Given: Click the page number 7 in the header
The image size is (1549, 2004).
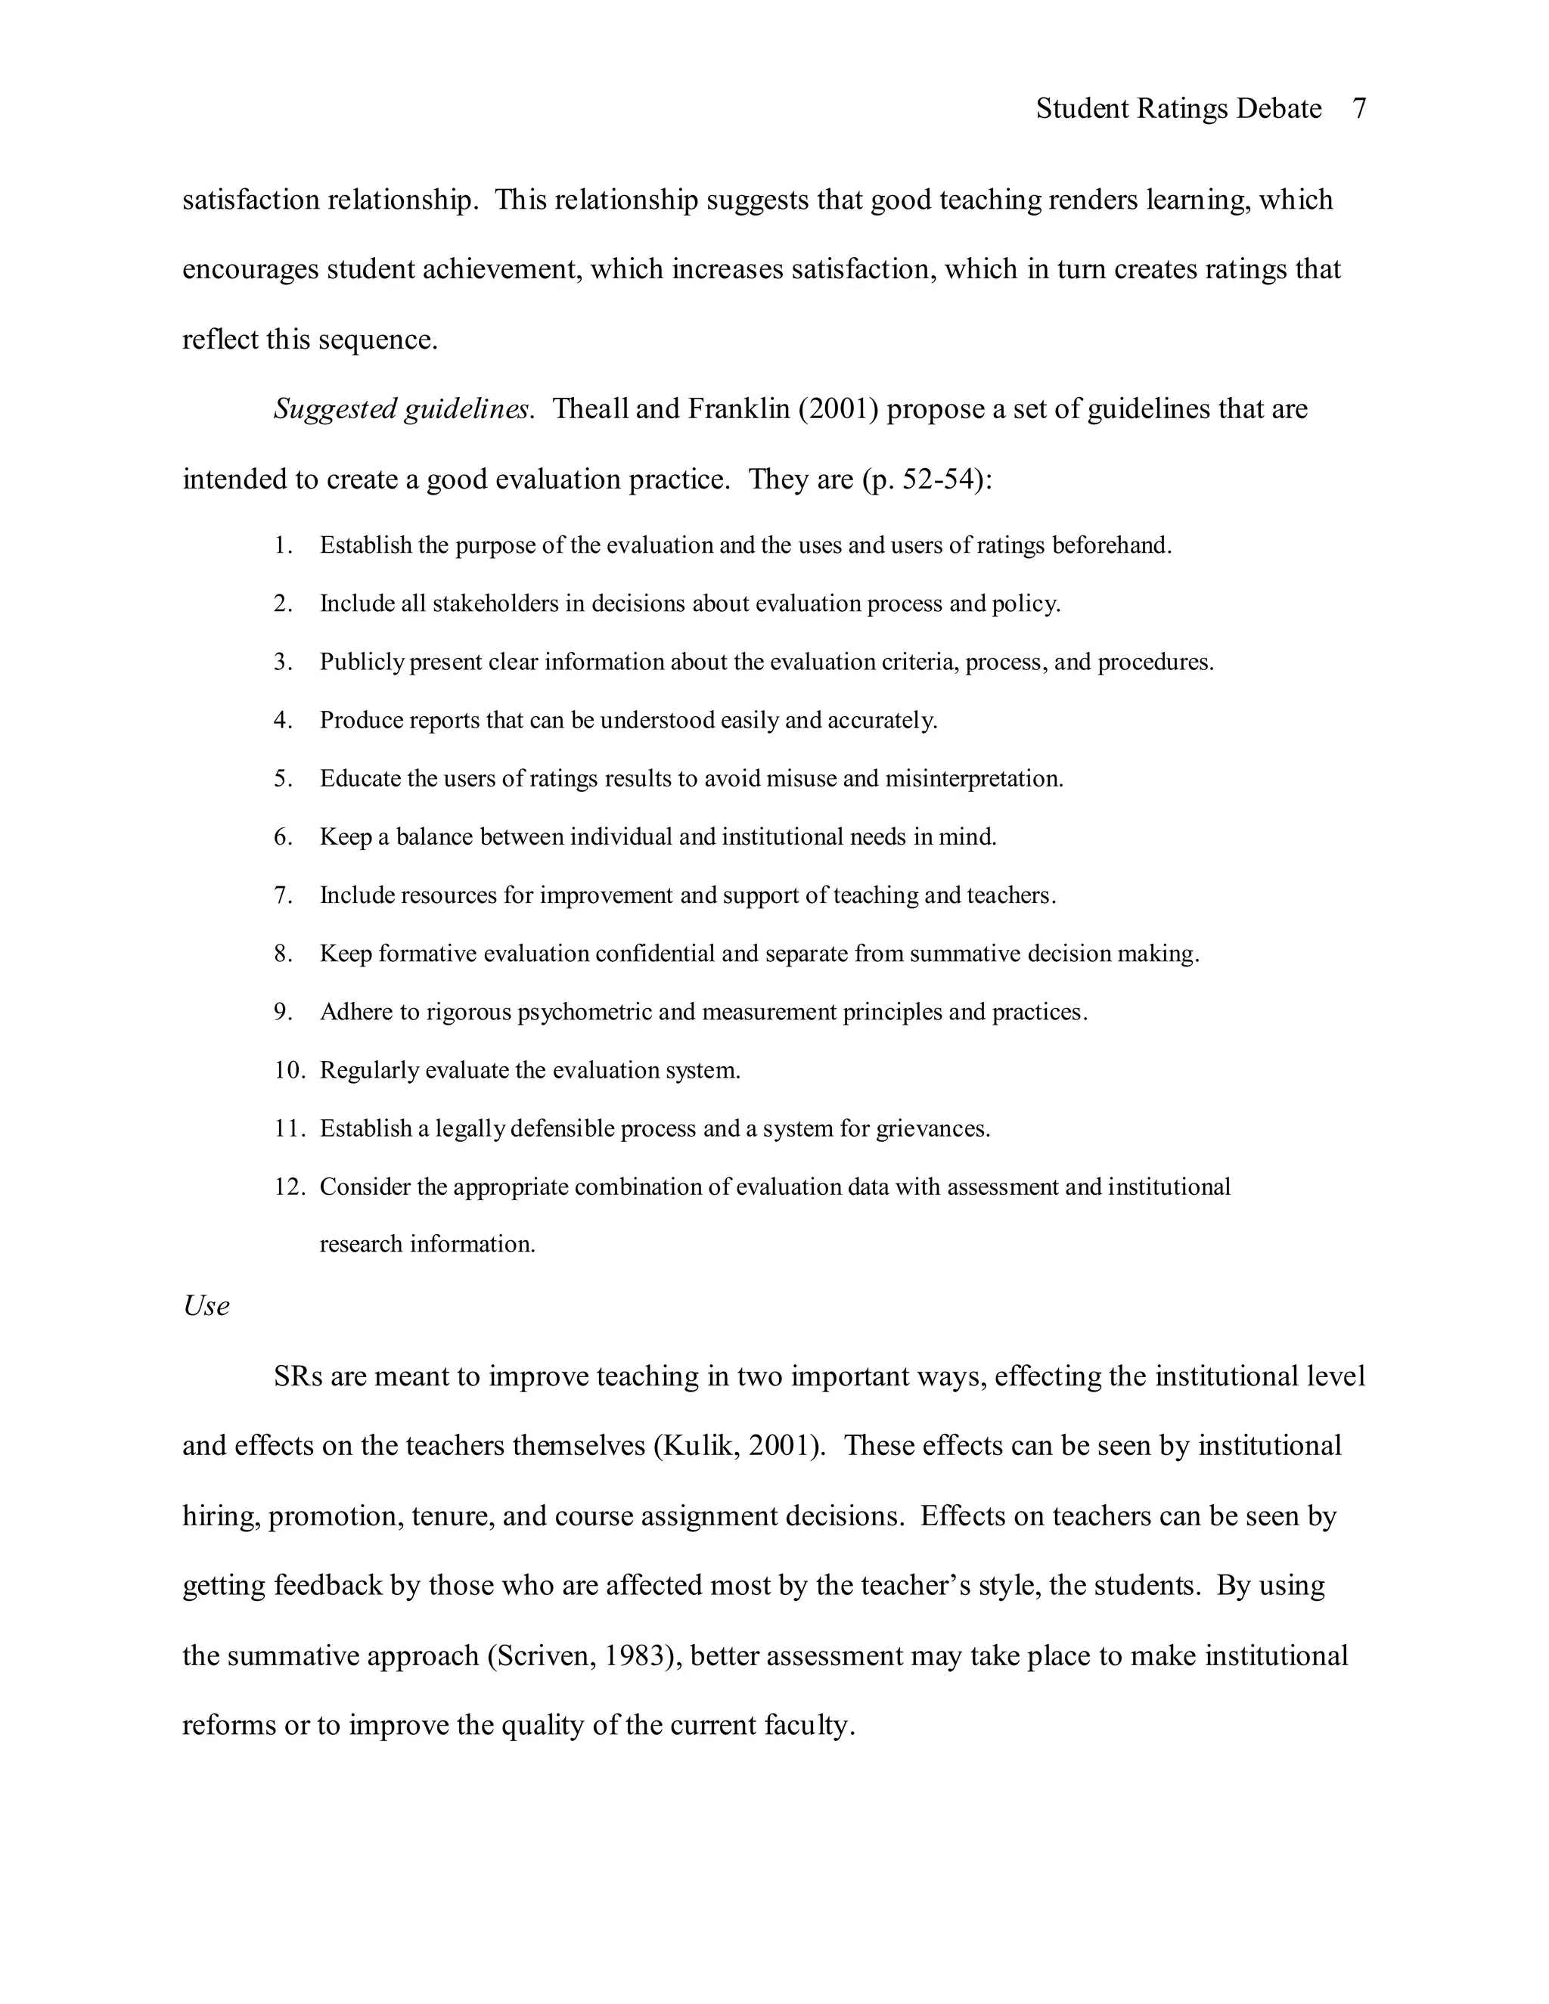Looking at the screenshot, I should [1359, 109].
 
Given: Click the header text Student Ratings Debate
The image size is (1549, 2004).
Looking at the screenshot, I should [1178, 109].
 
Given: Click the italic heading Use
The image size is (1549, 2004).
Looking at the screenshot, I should [206, 1306].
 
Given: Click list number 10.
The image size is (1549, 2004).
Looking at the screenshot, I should [287, 1071].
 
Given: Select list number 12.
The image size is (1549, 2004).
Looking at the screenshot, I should [287, 1187].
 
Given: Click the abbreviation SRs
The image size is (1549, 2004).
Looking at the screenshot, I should [297, 1376].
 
